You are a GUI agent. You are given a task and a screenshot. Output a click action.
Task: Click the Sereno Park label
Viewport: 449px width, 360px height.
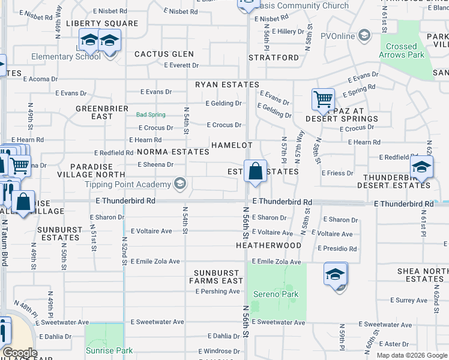pos(276,294)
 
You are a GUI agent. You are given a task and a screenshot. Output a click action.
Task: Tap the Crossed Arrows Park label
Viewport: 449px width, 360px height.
pos(402,50)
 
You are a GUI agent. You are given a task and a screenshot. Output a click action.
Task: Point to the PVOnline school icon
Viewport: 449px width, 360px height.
pos(364,35)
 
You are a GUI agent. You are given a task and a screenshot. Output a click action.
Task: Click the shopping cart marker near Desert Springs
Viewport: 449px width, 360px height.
pos(323,99)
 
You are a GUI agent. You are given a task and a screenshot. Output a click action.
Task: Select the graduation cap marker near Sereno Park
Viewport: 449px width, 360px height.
pos(336,275)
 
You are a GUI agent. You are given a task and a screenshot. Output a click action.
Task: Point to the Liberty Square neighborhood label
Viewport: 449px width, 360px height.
pos(102,23)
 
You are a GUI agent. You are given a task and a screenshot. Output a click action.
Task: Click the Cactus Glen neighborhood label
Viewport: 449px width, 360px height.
pos(164,54)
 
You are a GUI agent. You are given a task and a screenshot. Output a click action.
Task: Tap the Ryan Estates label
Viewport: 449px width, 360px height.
pos(227,85)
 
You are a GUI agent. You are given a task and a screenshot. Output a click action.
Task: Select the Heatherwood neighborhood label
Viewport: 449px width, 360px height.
pos(268,245)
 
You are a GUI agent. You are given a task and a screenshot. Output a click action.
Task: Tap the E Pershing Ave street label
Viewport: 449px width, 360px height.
pos(217,292)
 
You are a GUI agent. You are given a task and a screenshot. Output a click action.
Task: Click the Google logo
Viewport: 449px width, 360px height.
pos(20,353)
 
